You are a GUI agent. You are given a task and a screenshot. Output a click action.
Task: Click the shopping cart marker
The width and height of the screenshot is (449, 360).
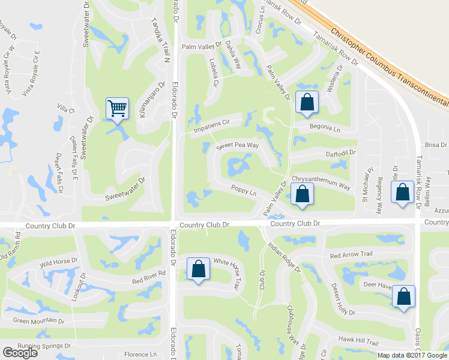[x=118, y=109]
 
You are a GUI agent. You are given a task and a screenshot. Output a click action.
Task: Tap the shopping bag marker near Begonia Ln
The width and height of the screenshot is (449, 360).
[x=307, y=103]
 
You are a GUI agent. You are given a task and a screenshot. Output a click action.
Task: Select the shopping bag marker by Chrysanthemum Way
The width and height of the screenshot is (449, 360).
[x=302, y=194]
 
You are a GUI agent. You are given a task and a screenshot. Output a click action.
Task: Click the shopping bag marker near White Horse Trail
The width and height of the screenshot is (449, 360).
[x=198, y=270]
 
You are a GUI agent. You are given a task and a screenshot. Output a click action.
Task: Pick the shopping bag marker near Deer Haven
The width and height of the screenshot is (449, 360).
[x=404, y=297]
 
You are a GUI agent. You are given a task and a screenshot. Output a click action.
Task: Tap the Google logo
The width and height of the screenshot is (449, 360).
[x=20, y=353]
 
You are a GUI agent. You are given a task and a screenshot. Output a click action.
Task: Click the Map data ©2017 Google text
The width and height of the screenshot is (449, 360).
[x=413, y=355]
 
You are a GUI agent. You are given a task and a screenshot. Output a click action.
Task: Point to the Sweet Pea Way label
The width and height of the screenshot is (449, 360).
[x=238, y=146]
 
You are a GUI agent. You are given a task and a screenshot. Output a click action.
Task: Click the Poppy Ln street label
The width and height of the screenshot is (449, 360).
[x=244, y=192]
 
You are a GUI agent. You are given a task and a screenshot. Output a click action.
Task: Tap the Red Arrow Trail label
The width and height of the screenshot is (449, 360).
[x=351, y=254]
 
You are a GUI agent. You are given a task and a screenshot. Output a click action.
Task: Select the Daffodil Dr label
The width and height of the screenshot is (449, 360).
[x=340, y=154]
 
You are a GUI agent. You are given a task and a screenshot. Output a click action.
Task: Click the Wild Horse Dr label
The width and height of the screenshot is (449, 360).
[x=59, y=262]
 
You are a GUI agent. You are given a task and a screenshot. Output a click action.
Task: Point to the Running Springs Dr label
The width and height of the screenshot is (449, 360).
[x=44, y=346]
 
